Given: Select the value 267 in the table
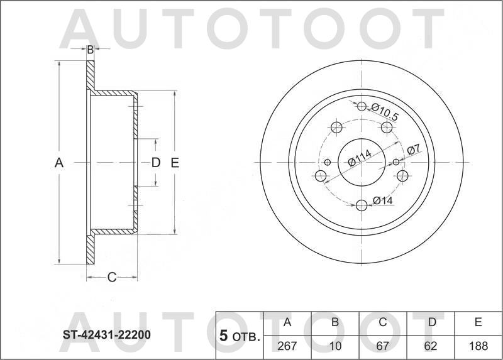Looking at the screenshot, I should tap(287, 346).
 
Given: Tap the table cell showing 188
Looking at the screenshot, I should tap(478, 346).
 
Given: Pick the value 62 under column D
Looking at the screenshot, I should tap(432, 346).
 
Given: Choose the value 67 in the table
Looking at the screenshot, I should tap(382, 346).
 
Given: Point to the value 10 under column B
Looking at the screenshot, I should tap(335, 346).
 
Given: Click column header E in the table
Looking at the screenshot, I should tap(478, 323).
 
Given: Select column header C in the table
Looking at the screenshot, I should tap(382, 323).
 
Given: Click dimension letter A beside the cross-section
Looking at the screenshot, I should tap(59, 163).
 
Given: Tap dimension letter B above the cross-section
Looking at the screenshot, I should tap(90, 49).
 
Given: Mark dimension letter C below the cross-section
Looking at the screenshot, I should tap(111, 277).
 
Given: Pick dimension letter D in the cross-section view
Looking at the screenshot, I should tap(156, 163).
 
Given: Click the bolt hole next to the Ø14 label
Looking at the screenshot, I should tap(362, 205).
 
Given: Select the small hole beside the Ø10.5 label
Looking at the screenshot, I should tap(362, 106).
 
